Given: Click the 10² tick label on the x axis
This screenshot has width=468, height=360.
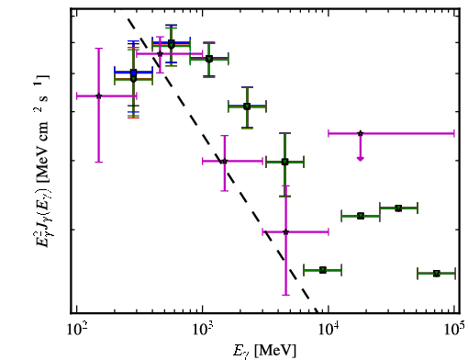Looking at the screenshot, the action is [x=76, y=329].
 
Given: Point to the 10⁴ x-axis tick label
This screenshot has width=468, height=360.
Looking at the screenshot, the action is [x=329, y=329].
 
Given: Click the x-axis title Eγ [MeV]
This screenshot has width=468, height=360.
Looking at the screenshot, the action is [x=264, y=351].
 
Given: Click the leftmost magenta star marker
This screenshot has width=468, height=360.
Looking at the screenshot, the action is [x=98, y=96].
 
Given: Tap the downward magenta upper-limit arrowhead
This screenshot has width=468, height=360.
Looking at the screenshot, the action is [x=361, y=158].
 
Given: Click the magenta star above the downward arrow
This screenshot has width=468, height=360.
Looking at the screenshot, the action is [x=361, y=133].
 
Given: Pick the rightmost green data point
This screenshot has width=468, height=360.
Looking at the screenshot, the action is [x=437, y=274].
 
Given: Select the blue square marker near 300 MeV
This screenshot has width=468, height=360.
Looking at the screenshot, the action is [x=133, y=73].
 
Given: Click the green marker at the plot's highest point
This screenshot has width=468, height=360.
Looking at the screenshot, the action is [x=172, y=45].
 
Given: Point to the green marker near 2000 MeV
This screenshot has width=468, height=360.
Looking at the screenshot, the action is [x=247, y=107].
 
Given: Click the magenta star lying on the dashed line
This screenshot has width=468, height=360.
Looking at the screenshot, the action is [x=224, y=161].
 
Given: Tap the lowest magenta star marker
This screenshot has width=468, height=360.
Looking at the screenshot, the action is [x=285, y=232].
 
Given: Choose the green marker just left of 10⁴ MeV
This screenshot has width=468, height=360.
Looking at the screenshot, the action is [x=323, y=270].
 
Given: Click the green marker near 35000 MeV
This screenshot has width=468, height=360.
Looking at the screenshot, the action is [x=398, y=208].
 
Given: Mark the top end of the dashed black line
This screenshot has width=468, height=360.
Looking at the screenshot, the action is [x=128, y=18].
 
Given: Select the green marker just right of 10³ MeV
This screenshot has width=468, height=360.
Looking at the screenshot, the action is [x=209, y=59].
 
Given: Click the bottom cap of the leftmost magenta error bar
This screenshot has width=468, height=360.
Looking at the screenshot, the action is [x=98, y=162].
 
